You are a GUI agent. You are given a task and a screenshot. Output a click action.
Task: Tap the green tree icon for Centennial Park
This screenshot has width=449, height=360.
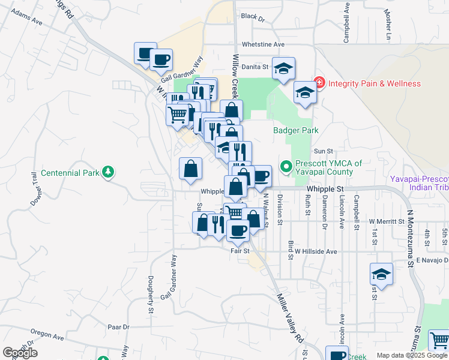pos(107,173)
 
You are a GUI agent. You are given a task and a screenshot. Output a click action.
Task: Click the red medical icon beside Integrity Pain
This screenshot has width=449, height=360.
pos(319,83)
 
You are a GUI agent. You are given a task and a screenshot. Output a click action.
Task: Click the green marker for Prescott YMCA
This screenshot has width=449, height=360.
pos(286,166)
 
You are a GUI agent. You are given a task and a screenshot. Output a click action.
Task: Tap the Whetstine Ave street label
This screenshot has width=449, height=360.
pos(263,44)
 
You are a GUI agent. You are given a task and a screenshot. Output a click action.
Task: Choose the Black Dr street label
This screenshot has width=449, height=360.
pos(253,17)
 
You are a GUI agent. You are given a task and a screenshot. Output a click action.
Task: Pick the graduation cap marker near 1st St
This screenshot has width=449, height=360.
pos(381,274)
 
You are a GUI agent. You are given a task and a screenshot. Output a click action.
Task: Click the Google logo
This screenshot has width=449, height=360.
pos(20,353)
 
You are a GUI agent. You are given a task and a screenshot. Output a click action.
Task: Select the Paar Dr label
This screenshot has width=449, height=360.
pos(118,327)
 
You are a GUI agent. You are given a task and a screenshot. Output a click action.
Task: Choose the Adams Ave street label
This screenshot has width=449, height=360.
pos(28,17)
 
